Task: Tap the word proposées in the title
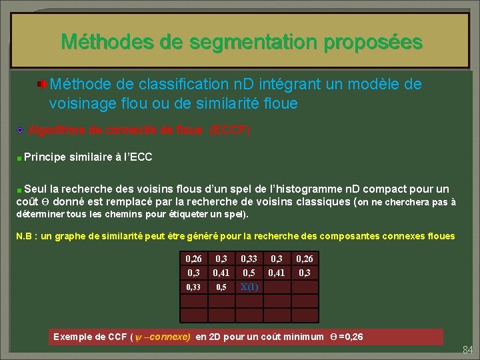click(x=373, y=42)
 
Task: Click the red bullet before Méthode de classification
click(x=41, y=85)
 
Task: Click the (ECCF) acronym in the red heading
click(x=230, y=131)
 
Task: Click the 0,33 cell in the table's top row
click(x=248, y=258)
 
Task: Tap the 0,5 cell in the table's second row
click(x=248, y=273)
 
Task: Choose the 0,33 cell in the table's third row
click(x=193, y=287)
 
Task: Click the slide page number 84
click(x=467, y=350)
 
